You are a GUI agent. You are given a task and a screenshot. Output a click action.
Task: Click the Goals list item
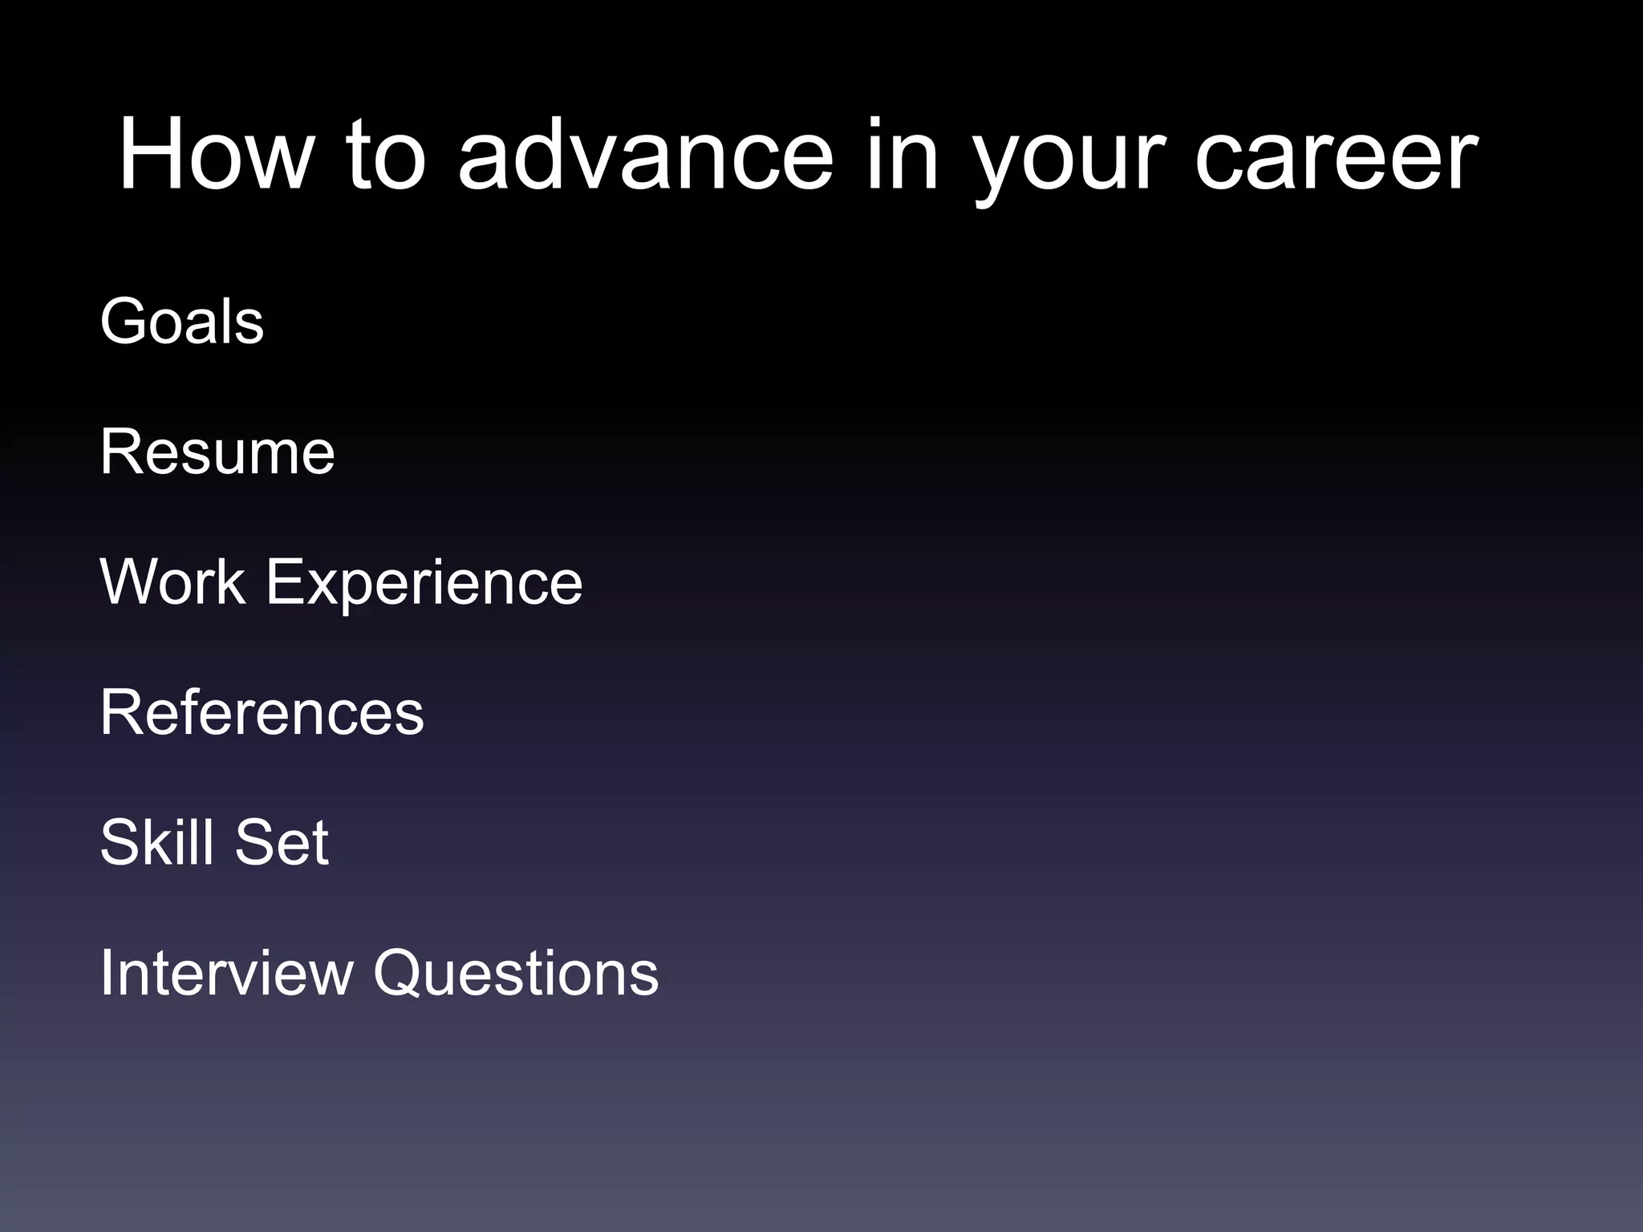pos(181,322)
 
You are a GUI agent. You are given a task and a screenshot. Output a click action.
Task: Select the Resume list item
pos(217,452)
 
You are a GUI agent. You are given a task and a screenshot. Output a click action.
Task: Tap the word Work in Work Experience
pos(172,582)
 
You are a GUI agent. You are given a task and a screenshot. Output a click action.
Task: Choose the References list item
pos(262,713)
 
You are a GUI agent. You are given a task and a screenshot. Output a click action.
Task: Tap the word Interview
pos(226,973)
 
